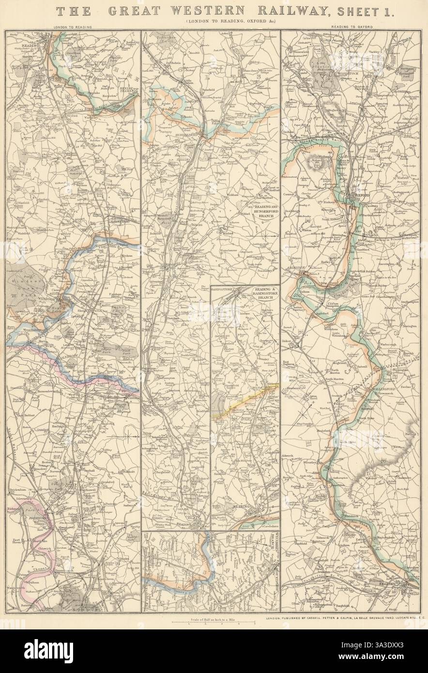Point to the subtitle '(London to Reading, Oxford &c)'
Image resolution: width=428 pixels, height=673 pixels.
click(x=212, y=23)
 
